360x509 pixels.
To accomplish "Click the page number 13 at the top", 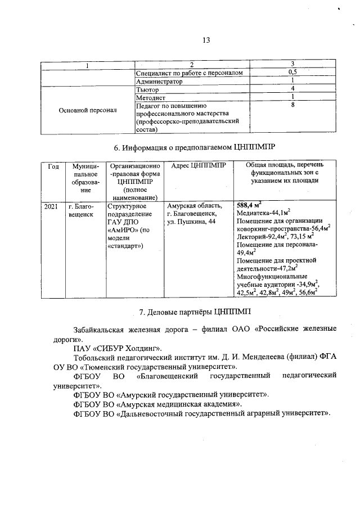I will coord(206,40).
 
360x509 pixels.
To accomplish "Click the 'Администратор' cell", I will coord(160,82).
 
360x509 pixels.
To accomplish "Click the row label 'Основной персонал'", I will coord(88,110).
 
